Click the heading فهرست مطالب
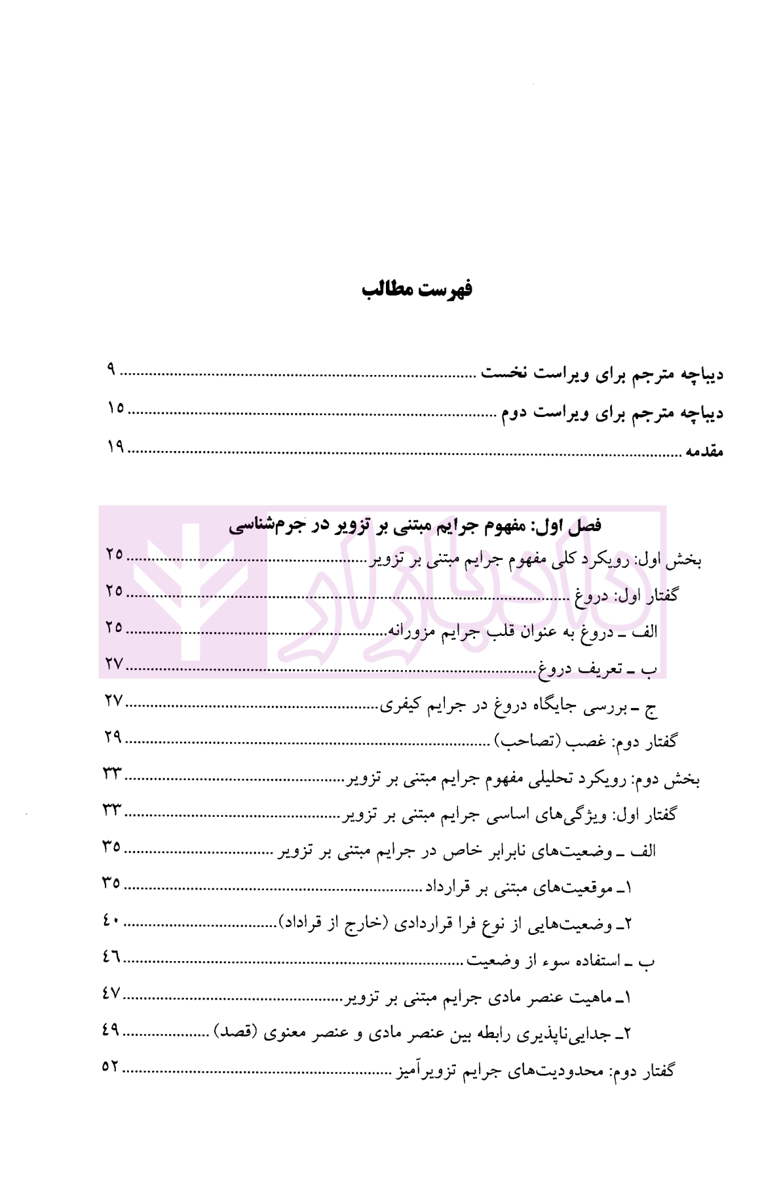(x=417, y=290)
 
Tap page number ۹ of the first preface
(x=111, y=370)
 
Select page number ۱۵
(x=116, y=408)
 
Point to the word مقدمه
(x=704, y=452)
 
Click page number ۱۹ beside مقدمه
(x=116, y=447)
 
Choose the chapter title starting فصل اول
(x=415, y=525)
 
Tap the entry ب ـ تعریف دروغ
(x=598, y=669)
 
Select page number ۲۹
(x=113, y=737)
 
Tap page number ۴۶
(x=111, y=957)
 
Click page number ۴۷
(x=111, y=993)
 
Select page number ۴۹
(x=111, y=1030)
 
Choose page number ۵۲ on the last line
(x=111, y=1067)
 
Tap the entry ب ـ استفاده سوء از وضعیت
(x=560, y=962)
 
